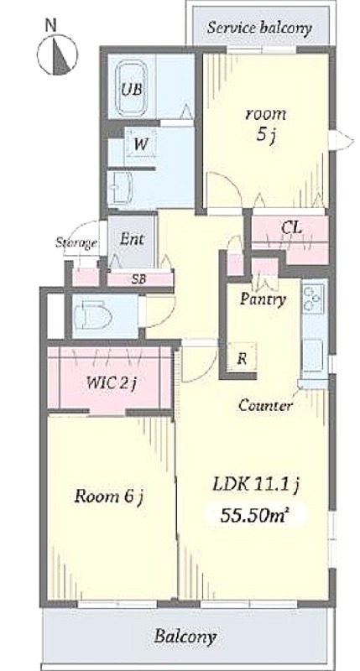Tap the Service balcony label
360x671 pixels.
coord(259,29)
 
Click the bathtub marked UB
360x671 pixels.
coord(132,89)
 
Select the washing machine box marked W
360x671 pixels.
coord(141,143)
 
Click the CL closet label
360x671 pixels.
coord(291,227)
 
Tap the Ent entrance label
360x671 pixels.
coord(132,239)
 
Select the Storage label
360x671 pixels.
coord(76,243)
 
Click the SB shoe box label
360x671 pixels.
coord(138,279)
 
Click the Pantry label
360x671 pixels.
coord(263,299)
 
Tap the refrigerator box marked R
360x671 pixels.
coord(242,359)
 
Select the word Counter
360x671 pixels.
coord(265,405)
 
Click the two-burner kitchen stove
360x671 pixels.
coord(314,298)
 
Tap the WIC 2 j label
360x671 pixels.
coord(112,382)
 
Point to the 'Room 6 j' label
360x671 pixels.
coord(108,497)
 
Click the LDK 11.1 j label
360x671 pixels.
coord(256,485)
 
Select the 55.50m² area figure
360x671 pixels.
coord(254,515)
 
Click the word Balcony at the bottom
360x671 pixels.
coord(185,637)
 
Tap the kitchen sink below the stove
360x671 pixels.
coord(314,356)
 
